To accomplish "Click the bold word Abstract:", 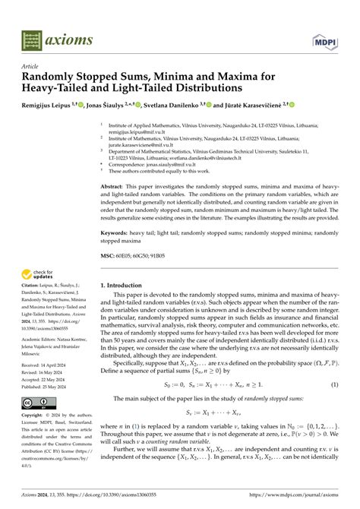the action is (x=113, y=185).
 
